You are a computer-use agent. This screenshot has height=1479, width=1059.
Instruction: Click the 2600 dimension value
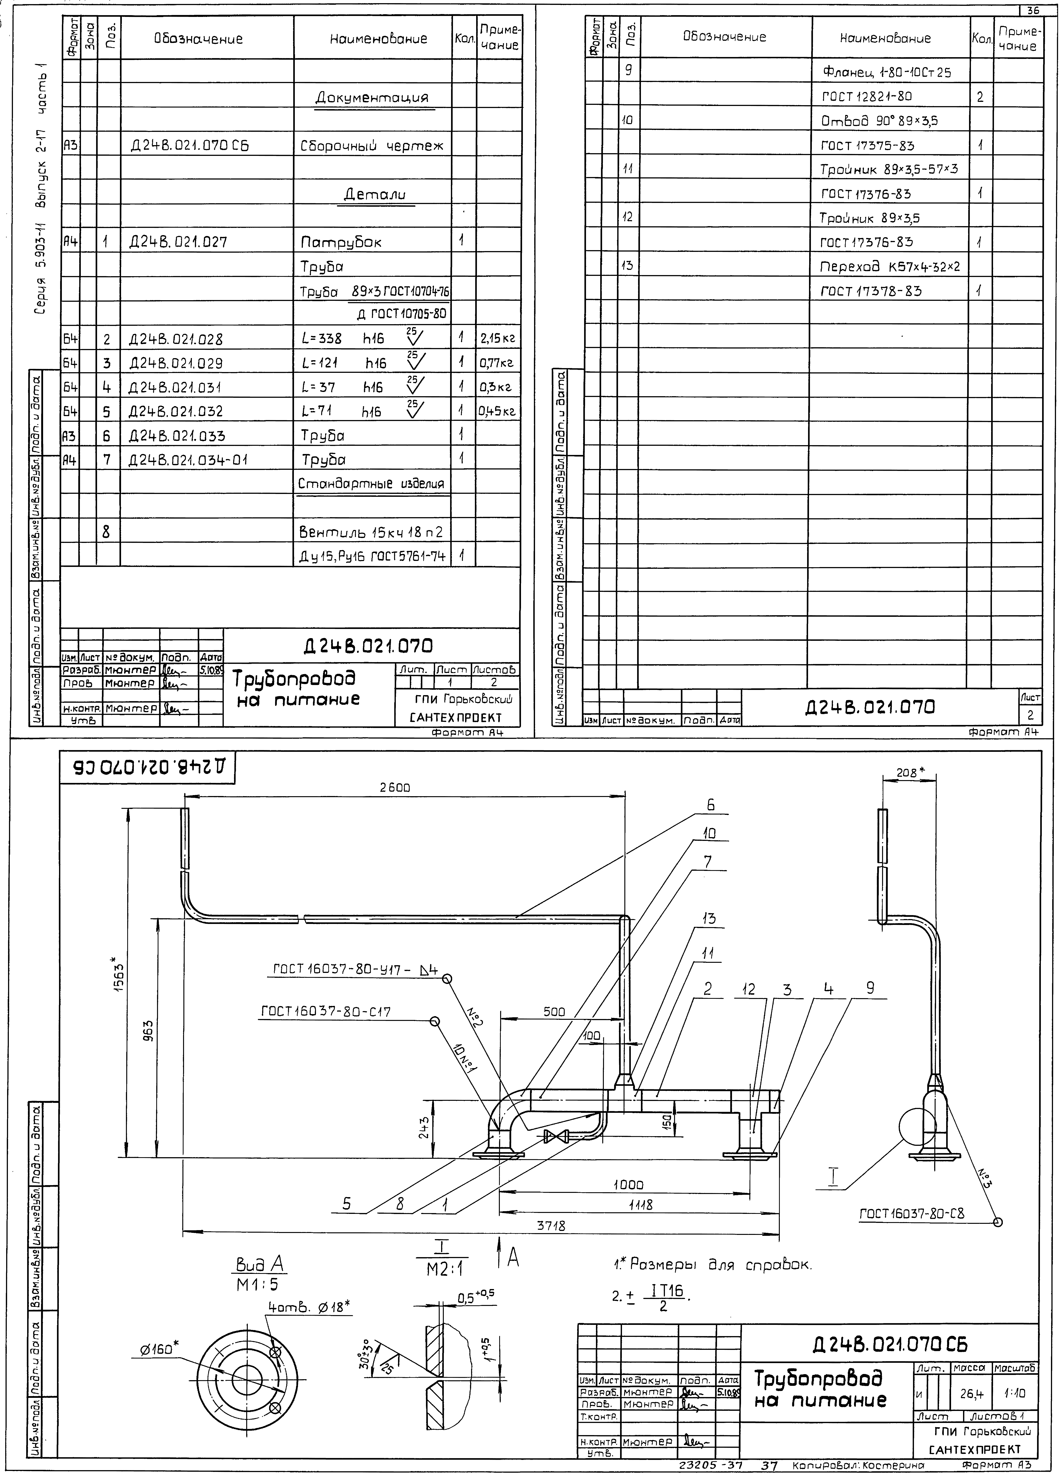coord(395,788)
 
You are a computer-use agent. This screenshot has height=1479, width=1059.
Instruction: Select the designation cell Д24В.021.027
coord(178,243)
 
